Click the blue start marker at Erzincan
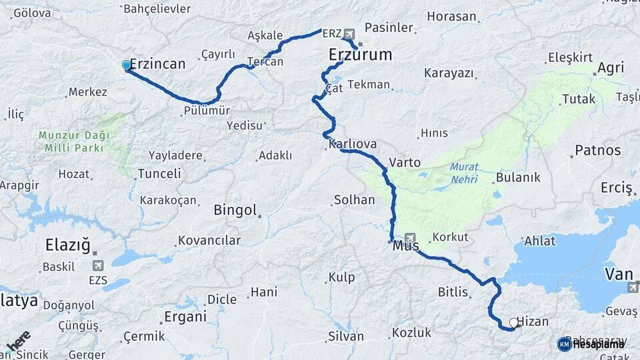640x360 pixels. [126, 65]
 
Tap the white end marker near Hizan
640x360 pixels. [513, 323]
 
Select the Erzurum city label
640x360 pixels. [360, 55]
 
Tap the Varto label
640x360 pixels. [405, 162]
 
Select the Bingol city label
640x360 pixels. [235, 211]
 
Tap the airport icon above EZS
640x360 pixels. [98, 266]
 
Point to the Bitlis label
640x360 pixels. [453, 291]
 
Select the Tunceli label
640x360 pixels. [159, 174]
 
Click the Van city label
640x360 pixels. [617, 273]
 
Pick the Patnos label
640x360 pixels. [597, 150]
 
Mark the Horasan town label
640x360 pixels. [451, 17]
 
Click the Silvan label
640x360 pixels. [345, 336]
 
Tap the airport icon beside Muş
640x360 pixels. [409, 238]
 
